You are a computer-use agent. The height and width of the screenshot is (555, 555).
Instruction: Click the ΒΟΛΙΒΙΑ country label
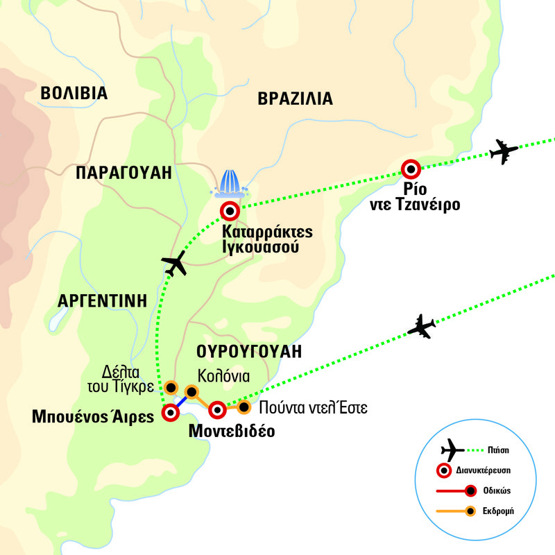[74, 94]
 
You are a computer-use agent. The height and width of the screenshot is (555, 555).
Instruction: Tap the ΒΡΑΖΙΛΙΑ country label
[295, 99]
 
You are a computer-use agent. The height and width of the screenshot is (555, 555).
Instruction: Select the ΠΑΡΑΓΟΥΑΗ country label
[124, 173]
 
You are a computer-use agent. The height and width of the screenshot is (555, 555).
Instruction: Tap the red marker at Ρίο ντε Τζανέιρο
[411, 169]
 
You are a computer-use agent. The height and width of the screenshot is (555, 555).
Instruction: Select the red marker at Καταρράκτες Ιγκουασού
[230, 211]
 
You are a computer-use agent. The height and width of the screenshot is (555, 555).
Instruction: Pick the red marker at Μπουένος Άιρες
[170, 413]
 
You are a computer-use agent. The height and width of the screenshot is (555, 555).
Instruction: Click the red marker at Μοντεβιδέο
[218, 409]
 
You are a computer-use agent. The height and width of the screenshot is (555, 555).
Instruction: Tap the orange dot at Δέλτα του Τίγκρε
[169, 387]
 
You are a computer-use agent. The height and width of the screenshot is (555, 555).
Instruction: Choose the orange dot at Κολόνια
[191, 392]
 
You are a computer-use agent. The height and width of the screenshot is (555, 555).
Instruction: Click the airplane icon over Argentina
[175, 264]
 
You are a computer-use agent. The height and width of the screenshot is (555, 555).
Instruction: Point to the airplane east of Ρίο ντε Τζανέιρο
[504, 151]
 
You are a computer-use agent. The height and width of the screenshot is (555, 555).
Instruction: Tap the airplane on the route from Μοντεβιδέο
[420, 326]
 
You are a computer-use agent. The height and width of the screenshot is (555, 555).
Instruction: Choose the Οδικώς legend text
[499, 490]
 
